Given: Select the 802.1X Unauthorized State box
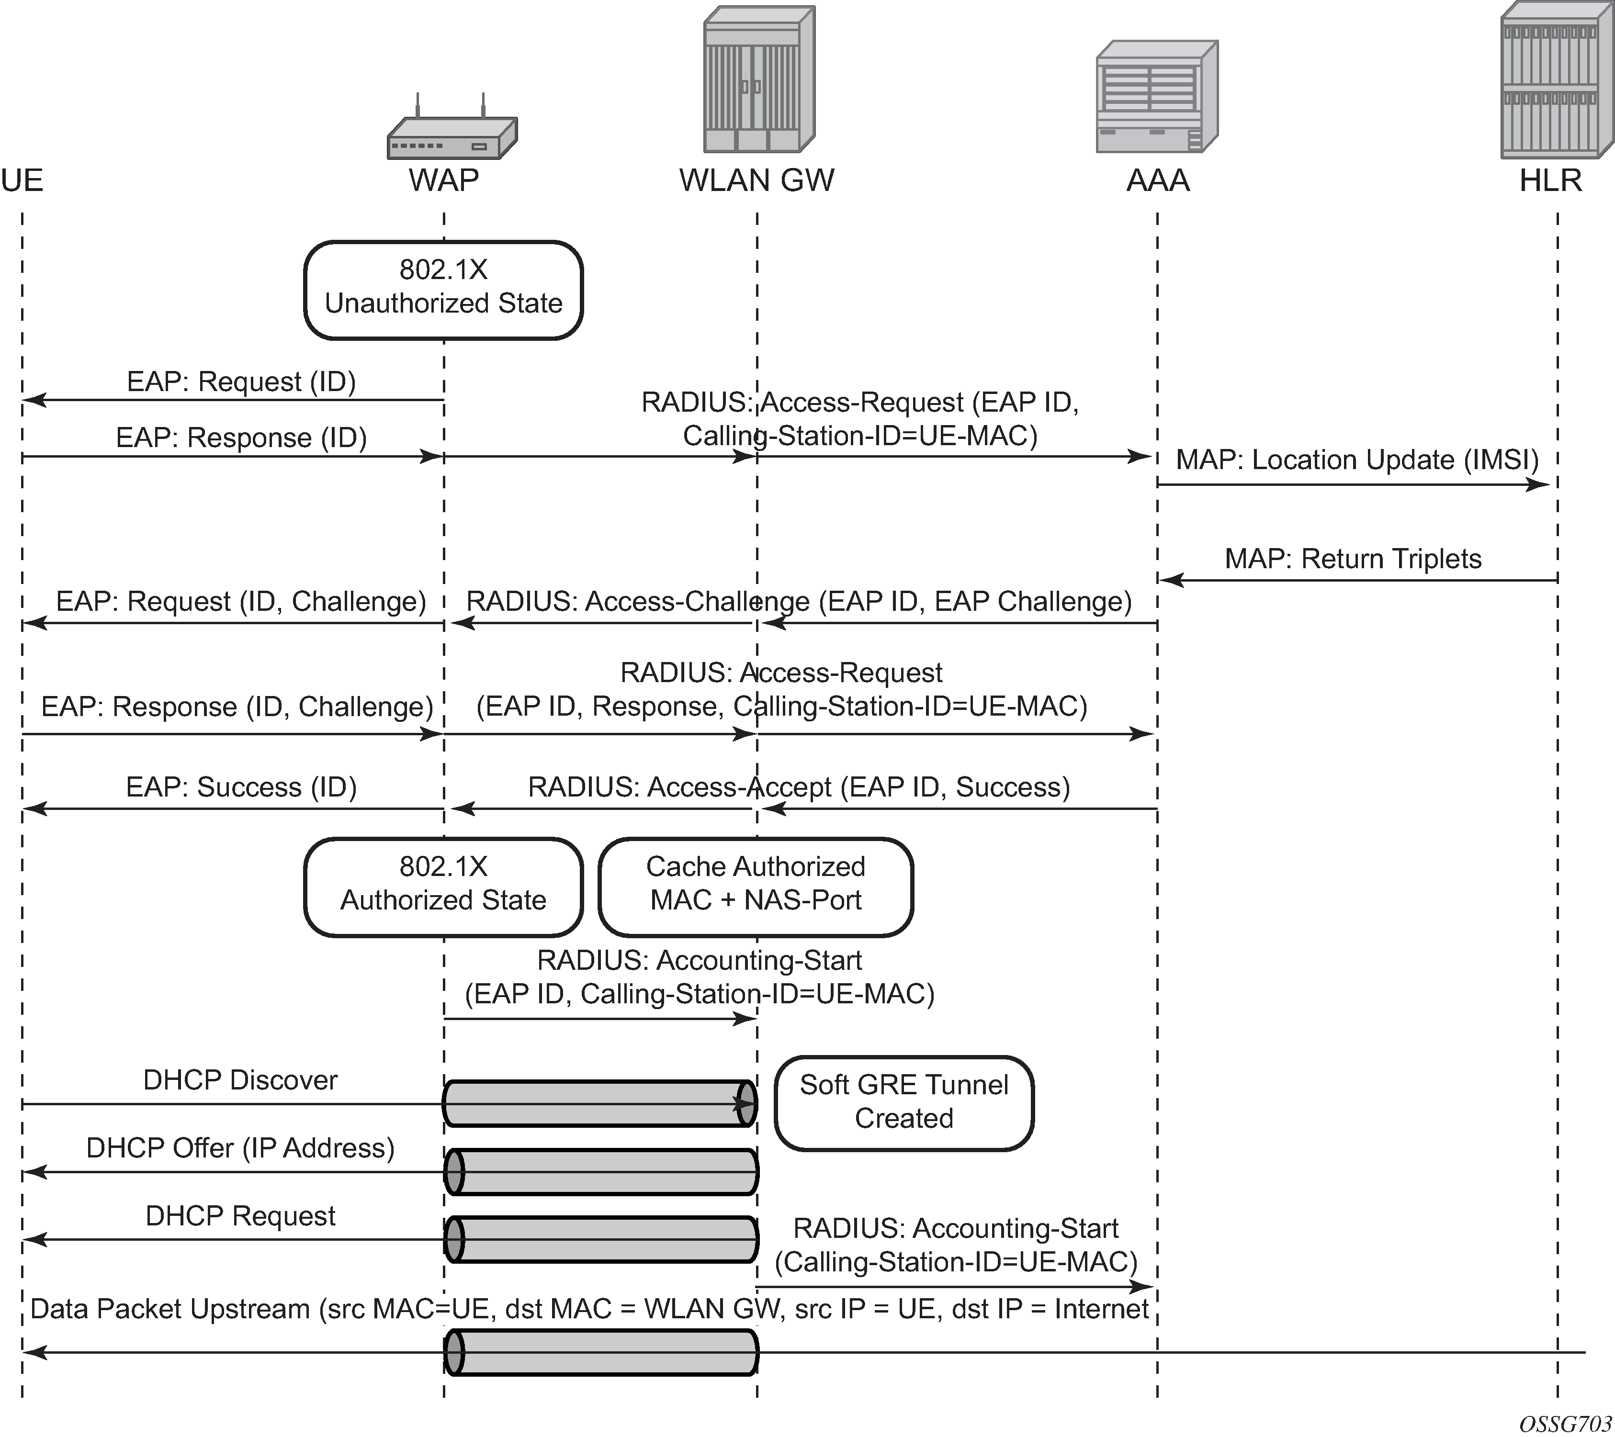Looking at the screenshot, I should coord(443,290).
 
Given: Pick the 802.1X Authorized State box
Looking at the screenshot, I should coord(443,887).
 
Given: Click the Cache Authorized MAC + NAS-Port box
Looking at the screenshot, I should coord(756,887).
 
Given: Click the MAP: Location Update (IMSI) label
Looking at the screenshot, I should coord(1356,460).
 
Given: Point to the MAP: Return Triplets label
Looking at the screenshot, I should coord(1353,559).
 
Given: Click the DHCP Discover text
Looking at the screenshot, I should coord(240,1080).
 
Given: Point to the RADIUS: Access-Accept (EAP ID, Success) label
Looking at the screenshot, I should coord(799,787).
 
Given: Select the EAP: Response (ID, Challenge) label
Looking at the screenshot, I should coord(237,706).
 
